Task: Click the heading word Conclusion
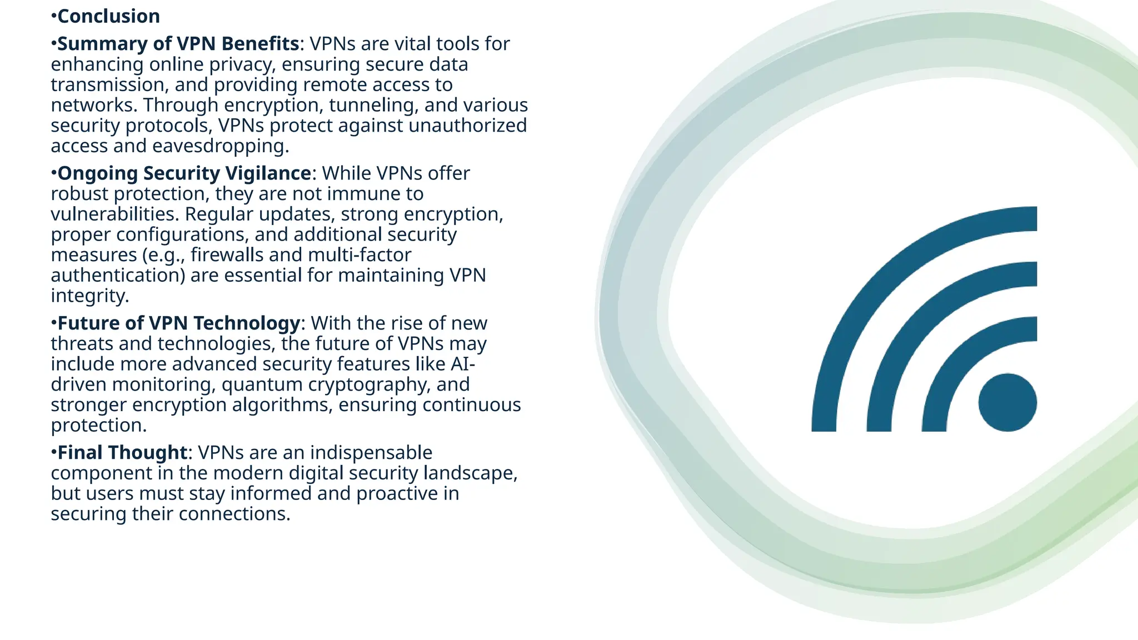(108, 16)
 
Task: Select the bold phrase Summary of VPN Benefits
(178, 43)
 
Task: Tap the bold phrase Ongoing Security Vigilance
(184, 173)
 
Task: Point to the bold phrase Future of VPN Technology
(178, 323)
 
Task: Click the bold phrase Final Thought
(122, 452)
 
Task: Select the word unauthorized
(467, 125)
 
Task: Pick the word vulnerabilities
(114, 214)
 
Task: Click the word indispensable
(371, 452)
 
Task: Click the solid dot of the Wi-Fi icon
(1007, 402)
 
